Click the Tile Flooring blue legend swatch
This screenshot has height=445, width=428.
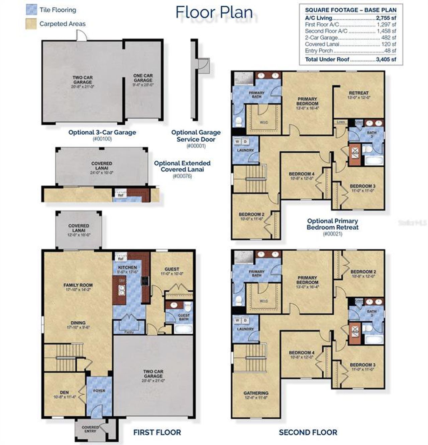click(x=31, y=10)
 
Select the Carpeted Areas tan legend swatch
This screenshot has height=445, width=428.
click(x=31, y=24)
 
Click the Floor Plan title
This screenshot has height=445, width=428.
click(x=214, y=12)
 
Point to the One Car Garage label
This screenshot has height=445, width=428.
click(x=143, y=78)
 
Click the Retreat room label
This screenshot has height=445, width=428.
click(x=358, y=93)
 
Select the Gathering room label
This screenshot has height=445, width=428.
click(x=256, y=393)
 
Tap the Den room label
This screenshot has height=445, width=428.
click(x=65, y=392)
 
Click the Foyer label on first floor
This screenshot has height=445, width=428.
click(x=99, y=391)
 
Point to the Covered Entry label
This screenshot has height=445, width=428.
click(x=90, y=429)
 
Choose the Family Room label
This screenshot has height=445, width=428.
click(x=78, y=285)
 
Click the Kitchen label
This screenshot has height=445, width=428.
click(x=127, y=267)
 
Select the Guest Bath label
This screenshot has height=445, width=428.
click(x=183, y=317)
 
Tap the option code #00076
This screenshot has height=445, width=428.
click(x=182, y=176)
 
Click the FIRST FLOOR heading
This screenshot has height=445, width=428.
click(x=157, y=432)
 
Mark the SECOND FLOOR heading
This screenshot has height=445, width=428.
click(x=308, y=432)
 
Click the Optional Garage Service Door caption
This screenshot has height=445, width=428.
click(x=196, y=136)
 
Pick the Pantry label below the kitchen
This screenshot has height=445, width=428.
click(x=129, y=332)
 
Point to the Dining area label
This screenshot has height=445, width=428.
click(x=78, y=323)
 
